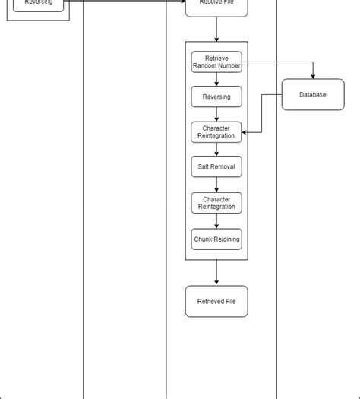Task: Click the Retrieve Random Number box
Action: (216, 62)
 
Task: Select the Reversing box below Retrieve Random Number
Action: (216, 97)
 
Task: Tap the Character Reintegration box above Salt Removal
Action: (216, 132)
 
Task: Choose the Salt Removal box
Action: (216, 166)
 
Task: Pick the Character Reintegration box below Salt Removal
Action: (216, 203)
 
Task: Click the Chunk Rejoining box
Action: (216, 239)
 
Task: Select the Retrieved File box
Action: (216, 302)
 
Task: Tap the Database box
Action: (313, 95)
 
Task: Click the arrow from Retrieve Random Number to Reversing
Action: (216, 79)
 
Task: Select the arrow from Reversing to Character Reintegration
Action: (216, 114)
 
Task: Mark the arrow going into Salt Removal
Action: (216, 150)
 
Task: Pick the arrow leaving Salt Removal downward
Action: (216, 185)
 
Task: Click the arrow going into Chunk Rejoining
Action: (216, 221)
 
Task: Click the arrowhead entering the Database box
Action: (313, 75)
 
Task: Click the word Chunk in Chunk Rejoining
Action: (204, 239)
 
